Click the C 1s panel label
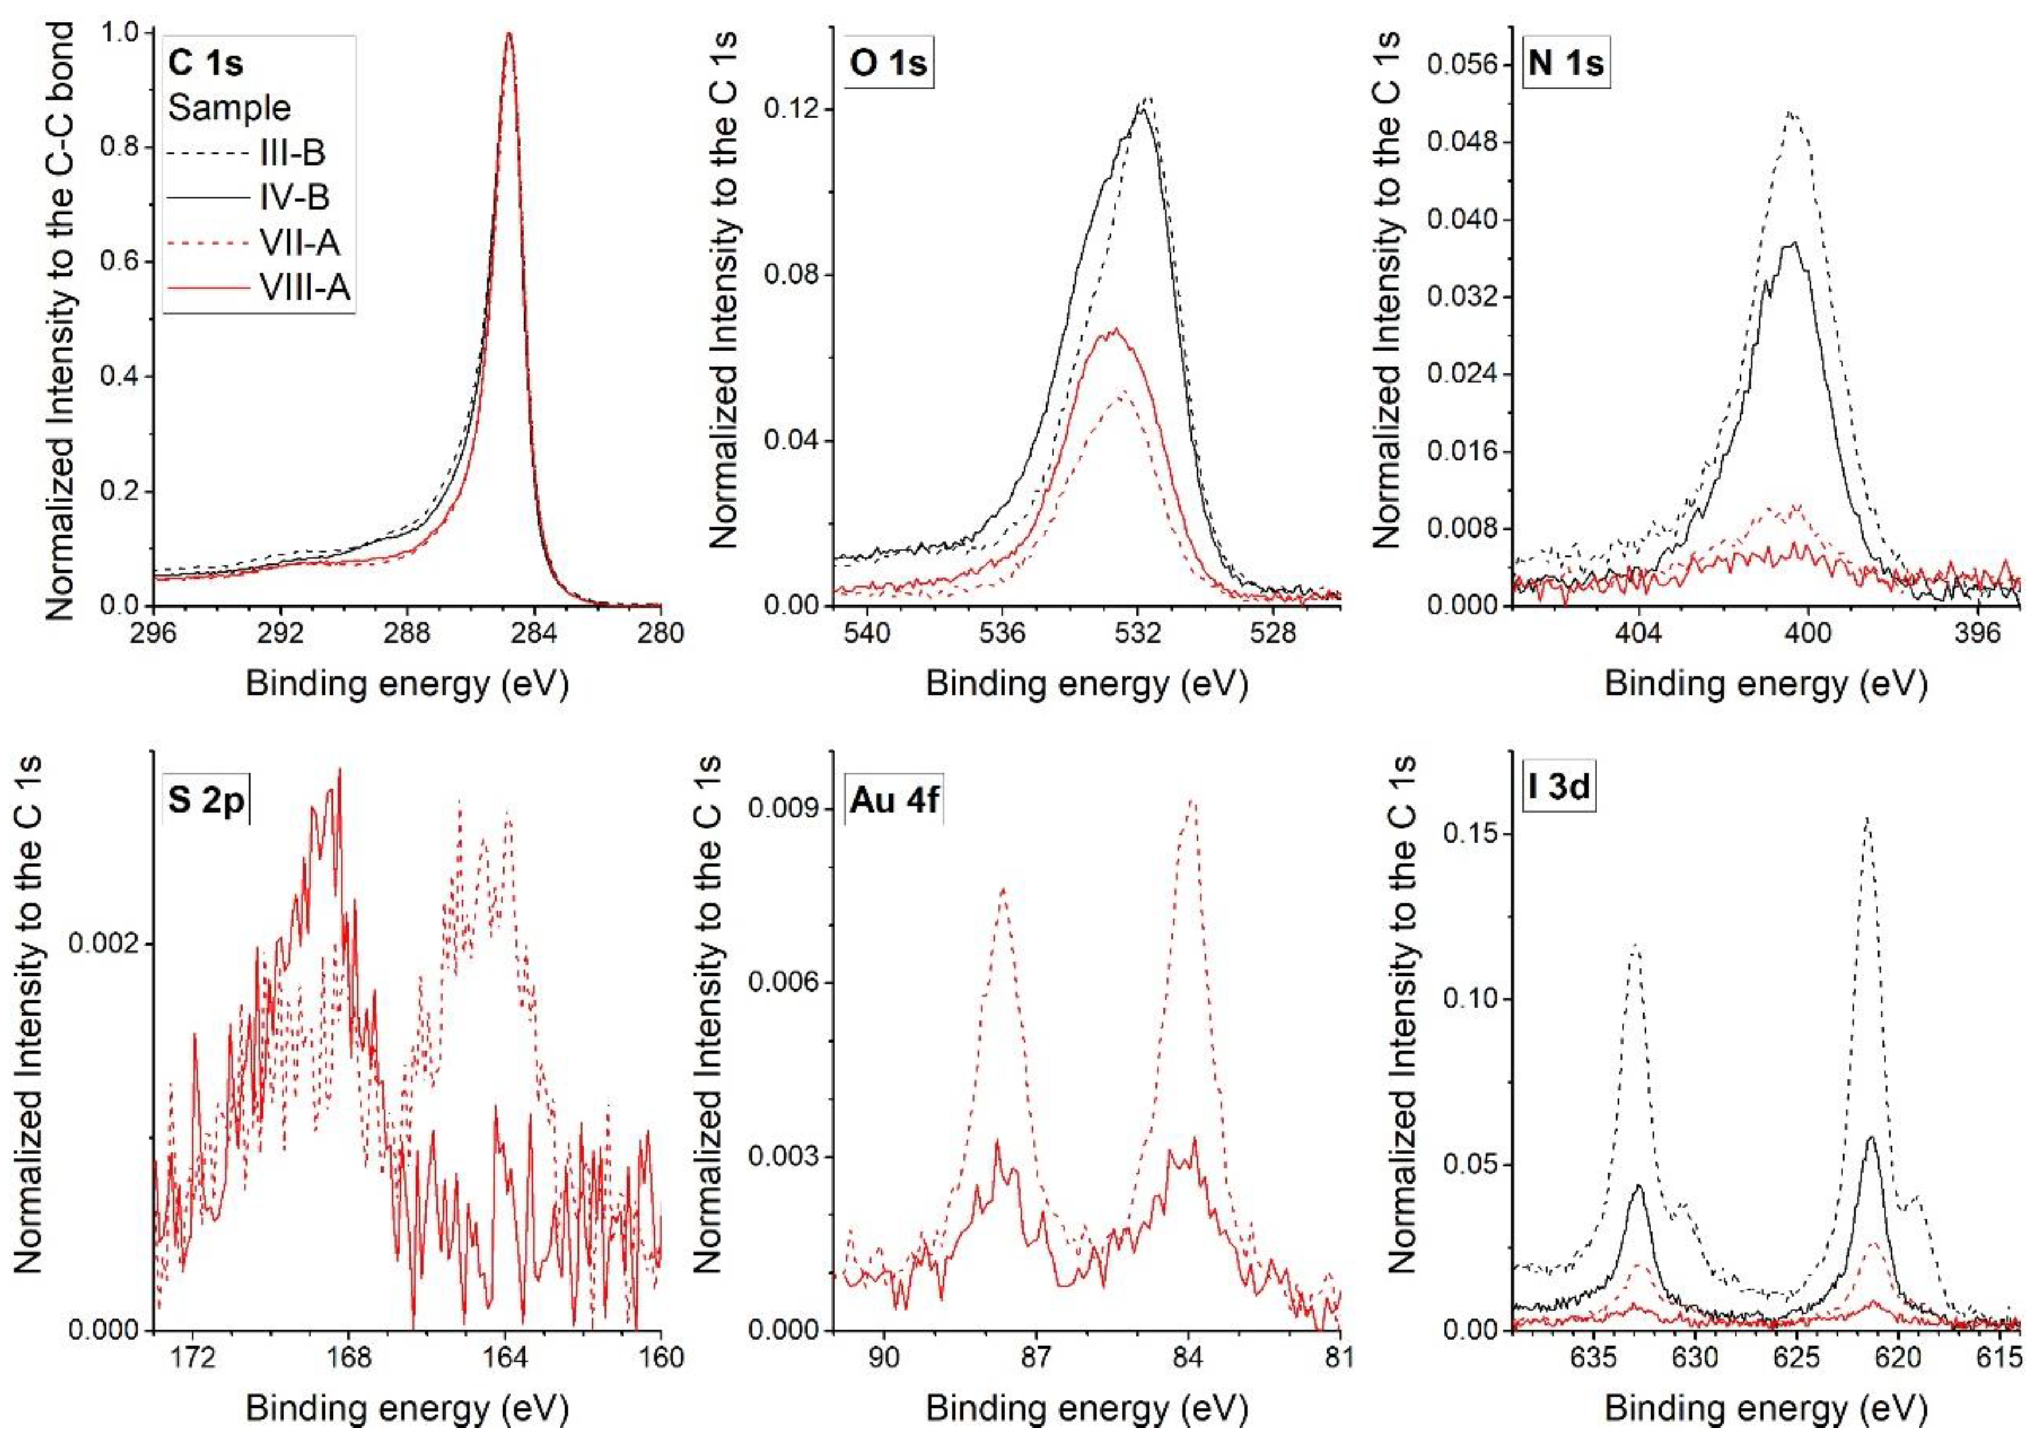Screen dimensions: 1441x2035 [206, 63]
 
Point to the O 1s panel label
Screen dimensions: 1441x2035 [888, 64]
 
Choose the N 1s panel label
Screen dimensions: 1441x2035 [1565, 64]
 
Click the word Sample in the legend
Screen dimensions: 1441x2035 [229, 107]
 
